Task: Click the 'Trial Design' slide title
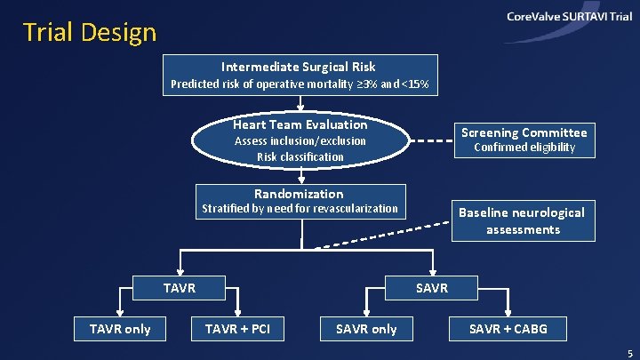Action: point(90,33)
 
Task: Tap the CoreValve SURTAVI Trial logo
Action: point(569,18)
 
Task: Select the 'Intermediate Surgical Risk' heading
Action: point(299,67)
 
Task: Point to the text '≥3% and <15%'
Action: point(391,84)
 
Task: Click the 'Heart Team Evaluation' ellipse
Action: point(300,140)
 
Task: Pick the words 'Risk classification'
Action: point(300,156)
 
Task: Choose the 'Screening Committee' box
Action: point(524,140)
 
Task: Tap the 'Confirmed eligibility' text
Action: point(524,148)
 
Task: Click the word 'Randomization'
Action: point(299,194)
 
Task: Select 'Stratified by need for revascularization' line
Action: point(300,209)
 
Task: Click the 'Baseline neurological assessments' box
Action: point(523,220)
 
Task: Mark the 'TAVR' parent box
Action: point(180,288)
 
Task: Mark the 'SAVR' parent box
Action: point(432,288)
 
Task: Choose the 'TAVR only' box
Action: point(120,329)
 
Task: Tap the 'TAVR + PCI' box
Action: point(237,329)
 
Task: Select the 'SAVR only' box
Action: point(366,329)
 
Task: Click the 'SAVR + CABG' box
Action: point(508,329)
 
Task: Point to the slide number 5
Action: point(628,352)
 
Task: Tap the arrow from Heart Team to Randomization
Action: point(301,176)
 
